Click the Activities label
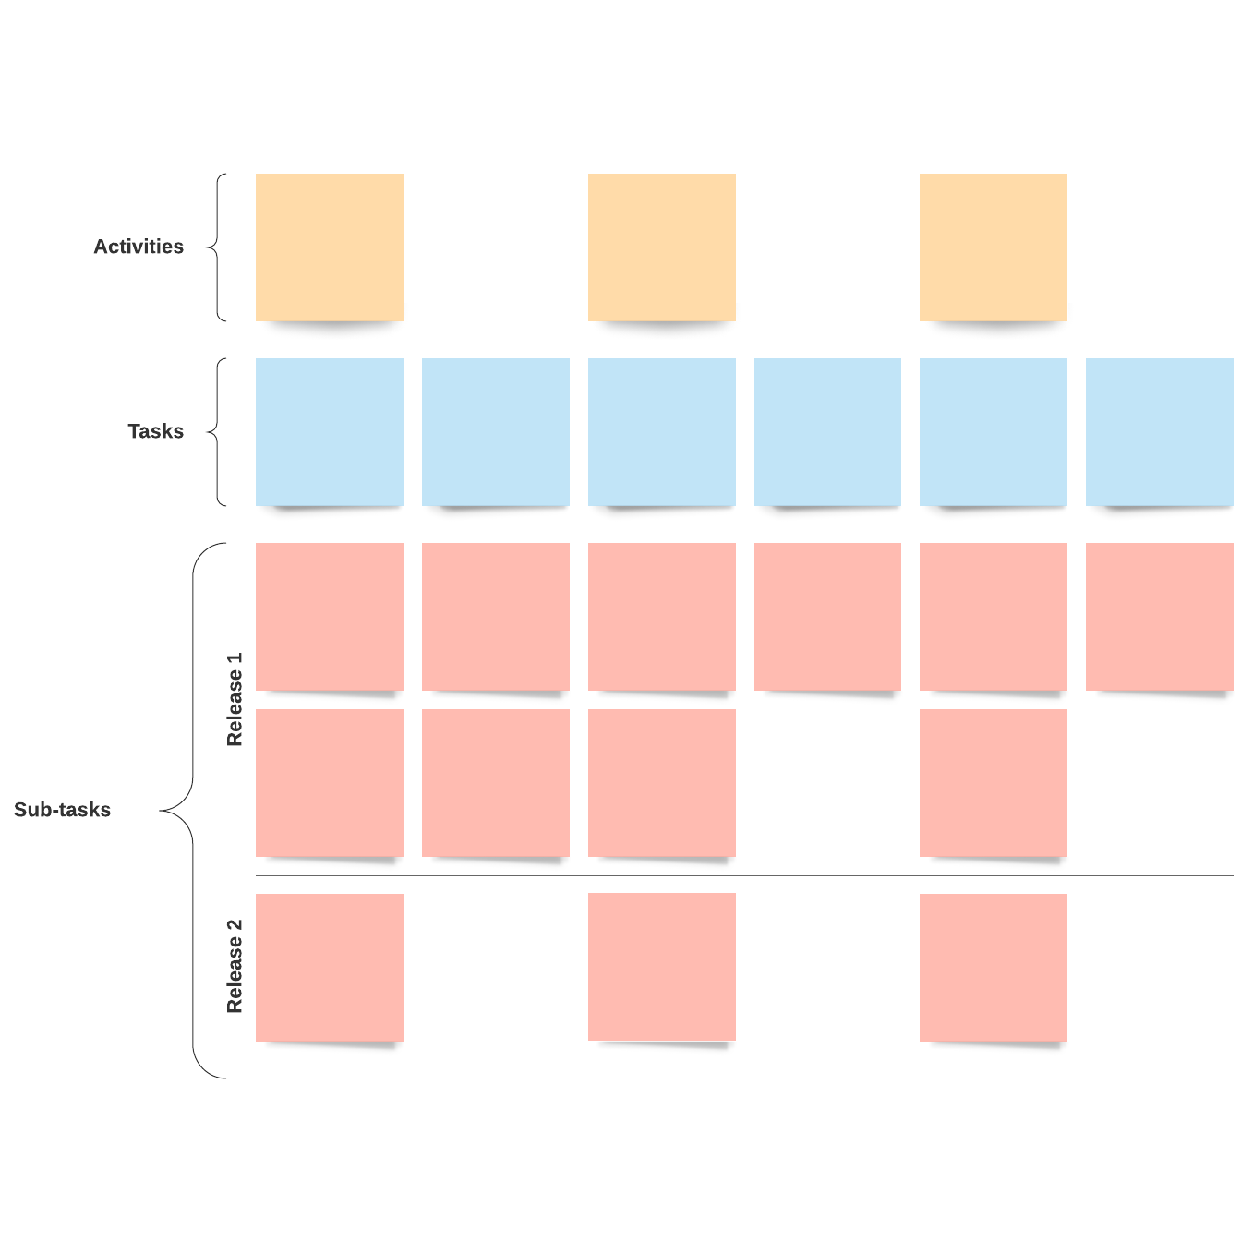point(139,247)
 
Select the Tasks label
point(155,431)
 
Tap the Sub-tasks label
point(62,810)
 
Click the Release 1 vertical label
point(235,699)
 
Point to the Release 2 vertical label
point(235,966)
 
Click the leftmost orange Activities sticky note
point(330,247)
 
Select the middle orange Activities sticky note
point(662,247)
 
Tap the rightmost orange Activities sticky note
point(994,247)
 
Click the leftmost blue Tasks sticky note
point(330,431)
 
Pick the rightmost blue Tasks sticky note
point(1160,431)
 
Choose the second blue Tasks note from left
point(496,431)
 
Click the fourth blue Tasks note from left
point(827,431)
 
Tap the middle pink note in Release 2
point(662,967)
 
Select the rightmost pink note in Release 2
point(994,967)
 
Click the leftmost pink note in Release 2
point(330,967)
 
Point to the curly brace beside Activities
point(216,247)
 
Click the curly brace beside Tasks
point(216,432)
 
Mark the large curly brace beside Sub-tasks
point(191,811)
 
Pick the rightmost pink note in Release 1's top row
point(1160,616)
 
